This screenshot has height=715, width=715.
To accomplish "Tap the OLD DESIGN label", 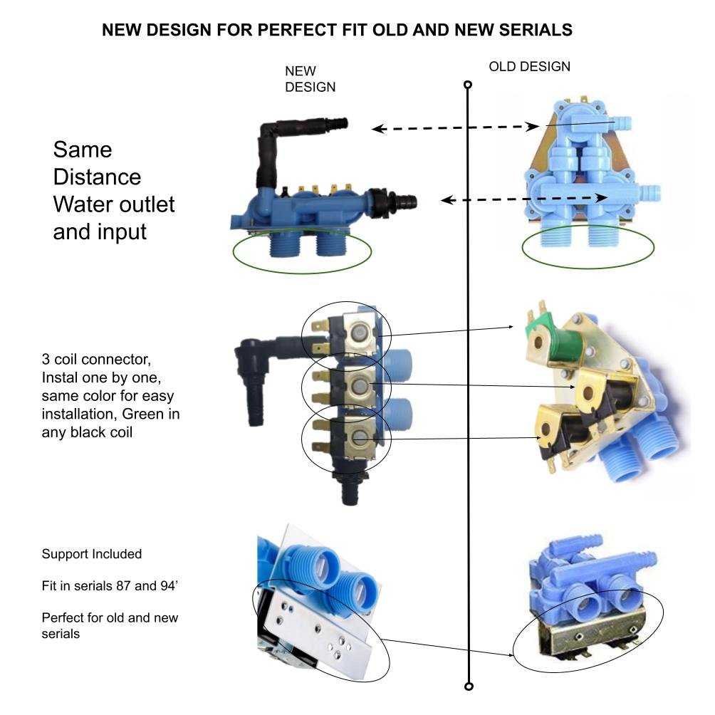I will click(529, 66).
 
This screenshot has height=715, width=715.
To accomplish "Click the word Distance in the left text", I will click(97, 177).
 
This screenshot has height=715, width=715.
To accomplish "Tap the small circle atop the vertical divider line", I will click(468, 85).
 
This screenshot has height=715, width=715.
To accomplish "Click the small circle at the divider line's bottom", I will click(468, 687).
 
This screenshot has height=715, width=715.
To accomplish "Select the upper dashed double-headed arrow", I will click(456, 128).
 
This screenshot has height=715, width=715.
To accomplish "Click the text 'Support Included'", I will click(92, 554).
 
